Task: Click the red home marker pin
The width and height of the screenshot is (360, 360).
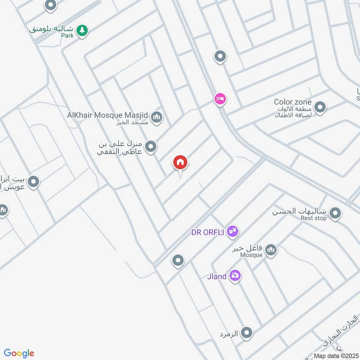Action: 180,162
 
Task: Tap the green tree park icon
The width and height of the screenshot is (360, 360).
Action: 82,30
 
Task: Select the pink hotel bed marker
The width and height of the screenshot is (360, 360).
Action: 220,99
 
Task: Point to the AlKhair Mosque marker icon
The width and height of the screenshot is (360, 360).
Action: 156,118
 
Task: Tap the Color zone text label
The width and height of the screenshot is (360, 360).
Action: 292,102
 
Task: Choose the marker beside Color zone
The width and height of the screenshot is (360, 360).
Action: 320,108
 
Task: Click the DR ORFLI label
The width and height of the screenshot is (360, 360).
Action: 207,232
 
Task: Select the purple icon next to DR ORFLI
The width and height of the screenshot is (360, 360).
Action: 232,232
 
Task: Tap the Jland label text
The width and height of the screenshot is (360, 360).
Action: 217,276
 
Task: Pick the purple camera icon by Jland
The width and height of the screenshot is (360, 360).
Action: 234,276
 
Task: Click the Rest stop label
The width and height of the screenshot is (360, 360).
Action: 313,218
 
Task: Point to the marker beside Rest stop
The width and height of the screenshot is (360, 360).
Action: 335,214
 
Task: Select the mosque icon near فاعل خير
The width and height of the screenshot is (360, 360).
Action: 270,250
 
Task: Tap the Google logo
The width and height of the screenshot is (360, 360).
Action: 19,353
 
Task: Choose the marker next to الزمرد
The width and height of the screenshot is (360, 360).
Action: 246,333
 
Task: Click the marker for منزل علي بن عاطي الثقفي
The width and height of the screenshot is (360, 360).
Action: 151,146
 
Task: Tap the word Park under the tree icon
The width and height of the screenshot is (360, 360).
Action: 67,35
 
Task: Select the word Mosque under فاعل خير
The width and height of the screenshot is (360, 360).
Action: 251,255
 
